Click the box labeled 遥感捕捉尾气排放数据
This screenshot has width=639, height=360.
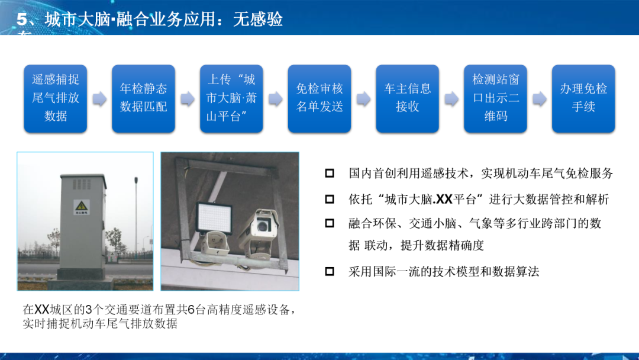coord(56,98)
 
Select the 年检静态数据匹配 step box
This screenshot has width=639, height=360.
coord(144,98)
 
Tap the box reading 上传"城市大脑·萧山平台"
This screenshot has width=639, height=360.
coord(231,98)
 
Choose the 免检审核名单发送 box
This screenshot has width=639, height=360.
coord(319,98)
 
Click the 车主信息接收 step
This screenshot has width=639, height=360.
coord(408,98)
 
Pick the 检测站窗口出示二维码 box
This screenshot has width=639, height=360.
coord(495,98)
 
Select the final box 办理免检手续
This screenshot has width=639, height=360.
coord(583,98)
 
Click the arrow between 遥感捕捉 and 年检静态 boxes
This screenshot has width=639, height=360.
coord(99,99)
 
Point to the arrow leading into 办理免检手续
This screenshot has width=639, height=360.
coord(539,99)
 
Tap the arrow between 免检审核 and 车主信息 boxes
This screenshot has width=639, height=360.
coord(363,99)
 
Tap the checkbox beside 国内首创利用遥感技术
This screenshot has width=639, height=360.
coord(330,174)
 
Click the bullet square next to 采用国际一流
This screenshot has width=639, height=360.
coord(330,272)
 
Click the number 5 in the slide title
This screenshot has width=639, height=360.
coord(22,20)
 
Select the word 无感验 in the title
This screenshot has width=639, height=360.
coord(258,20)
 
